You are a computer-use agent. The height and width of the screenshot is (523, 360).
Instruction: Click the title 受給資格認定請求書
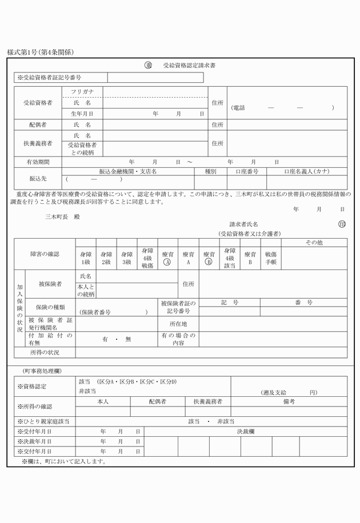coord(189,66)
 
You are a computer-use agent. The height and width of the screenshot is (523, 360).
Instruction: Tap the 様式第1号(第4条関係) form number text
coord(41,53)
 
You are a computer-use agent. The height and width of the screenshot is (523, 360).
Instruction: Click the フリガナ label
coord(82,91)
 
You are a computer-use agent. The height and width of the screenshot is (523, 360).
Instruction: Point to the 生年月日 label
coord(82,114)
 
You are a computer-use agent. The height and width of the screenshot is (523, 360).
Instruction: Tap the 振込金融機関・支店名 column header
coord(128,171)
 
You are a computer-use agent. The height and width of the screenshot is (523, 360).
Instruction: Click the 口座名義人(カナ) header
coord(306,171)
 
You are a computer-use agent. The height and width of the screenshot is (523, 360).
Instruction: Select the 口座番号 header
coord(247,171)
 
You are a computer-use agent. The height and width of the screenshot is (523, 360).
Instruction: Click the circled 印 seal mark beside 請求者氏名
coord(342,224)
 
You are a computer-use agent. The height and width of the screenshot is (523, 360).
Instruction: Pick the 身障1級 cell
coord(86,258)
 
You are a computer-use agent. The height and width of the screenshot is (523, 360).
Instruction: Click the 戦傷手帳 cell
coord(270,258)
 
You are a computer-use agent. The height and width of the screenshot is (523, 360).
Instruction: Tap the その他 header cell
coord(314,243)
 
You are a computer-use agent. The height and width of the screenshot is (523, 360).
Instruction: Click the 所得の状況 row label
coord(45,352)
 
